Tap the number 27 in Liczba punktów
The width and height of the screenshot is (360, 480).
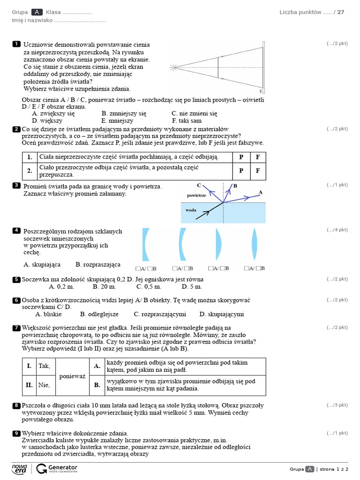coord(341,12)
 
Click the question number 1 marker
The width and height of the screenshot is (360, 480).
coord(16,44)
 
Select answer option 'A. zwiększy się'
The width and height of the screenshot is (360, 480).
coord(53,113)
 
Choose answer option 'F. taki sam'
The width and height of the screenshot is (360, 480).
coord(187,120)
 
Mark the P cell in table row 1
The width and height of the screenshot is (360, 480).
coord(241,157)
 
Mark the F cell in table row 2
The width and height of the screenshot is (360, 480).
coord(257,171)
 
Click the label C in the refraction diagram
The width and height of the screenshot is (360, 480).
coord(199,185)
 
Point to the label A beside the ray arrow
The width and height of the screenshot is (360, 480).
coord(261,192)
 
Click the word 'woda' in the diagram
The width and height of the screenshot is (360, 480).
coord(191,210)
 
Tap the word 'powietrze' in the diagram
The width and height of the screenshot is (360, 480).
coord(196,195)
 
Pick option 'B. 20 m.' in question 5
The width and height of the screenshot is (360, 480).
coord(104,286)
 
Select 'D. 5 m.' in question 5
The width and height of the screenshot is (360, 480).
coord(192,286)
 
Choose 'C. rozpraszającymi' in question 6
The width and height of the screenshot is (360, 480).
coord(160,314)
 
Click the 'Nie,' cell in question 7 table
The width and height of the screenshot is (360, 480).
coord(44,385)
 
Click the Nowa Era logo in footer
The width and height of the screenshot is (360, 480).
coord(19,469)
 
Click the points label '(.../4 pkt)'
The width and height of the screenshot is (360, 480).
coord(337,230)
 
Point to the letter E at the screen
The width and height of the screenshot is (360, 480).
coord(261,91)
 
